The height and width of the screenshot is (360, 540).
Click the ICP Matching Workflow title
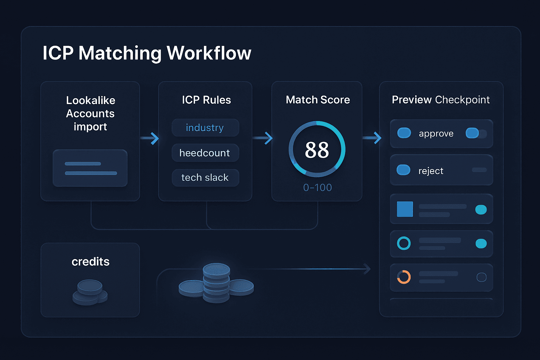(x=147, y=53)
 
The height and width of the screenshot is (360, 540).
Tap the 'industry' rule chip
(x=205, y=128)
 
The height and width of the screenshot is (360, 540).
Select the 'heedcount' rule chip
(x=205, y=153)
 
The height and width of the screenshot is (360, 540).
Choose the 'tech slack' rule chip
(x=205, y=178)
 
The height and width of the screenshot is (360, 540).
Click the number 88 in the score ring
(x=317, y=150)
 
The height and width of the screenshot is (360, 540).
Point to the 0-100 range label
(x=317, y=188)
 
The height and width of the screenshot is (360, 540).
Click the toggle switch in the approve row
(x=476, y=133)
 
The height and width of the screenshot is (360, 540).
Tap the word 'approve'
(x=436, y=134)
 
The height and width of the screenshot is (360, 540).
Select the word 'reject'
(x=431, y=171)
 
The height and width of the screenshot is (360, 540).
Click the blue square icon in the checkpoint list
(x=405, y=209)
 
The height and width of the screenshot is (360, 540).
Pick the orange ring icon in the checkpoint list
(x=404, y=277)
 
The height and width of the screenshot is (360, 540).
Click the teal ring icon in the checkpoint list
(x=404, y=243)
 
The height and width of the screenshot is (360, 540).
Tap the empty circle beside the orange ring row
(x=481, y=277)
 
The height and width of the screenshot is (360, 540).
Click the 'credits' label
(x=90, y=262)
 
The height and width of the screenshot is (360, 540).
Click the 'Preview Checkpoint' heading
(x=441, y=100)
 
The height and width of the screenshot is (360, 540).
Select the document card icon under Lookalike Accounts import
(x=90, y=168)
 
